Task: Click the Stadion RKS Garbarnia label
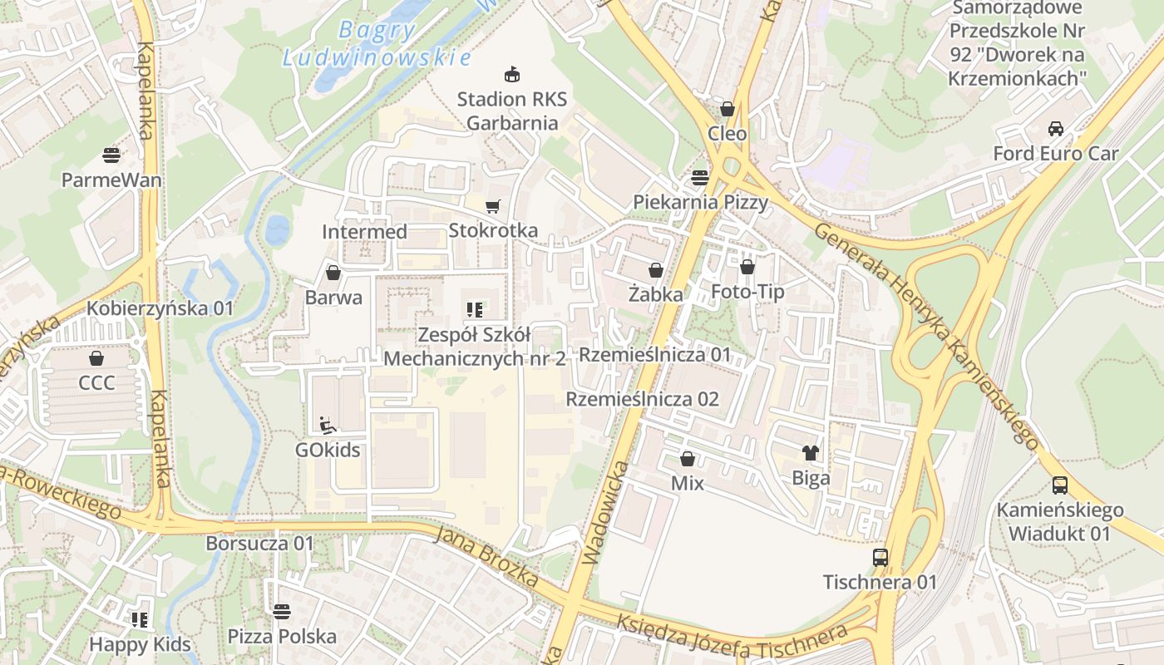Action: [512, 111]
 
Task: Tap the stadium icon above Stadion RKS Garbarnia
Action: [512, 75]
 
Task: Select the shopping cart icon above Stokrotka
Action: [493, 206]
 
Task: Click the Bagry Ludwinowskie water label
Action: [377, 44]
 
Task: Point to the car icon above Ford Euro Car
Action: [1056, 129]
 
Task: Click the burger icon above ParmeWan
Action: [111, 155]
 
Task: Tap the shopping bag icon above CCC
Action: [96, 358]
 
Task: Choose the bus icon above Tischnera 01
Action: [880, 557]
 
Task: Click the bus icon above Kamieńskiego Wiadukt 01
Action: [1059, 485]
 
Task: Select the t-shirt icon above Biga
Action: [811, 453]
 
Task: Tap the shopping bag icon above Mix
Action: [688, 459]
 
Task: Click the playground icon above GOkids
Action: [328, 426]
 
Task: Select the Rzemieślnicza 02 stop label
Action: [642, 399]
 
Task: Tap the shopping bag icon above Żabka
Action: [656, 270]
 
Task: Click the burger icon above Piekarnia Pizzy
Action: [700, 177]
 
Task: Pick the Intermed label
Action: [364, 232]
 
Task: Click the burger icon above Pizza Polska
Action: [282, 613]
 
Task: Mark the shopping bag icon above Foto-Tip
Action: [747, 267]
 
